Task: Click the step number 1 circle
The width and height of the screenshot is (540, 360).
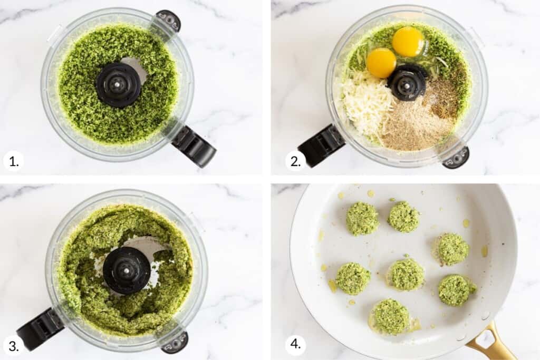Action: pyautogui.click(x=13, y=161)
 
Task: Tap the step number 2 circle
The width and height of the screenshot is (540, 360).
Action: pyautogui.click(x=295, y=161)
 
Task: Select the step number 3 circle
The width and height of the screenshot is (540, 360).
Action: pyautogui.click(x=13, y=346)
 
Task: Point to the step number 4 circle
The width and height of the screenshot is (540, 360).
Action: pyautogui.click(x=295, y=346)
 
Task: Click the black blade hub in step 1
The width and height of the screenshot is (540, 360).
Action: pyautogui.click(x=118, y=85)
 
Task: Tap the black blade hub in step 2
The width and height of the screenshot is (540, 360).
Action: pyautogui.click(x=407, y=83)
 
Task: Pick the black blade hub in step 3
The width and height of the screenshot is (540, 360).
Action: pyautogui.click(x=126, y=270)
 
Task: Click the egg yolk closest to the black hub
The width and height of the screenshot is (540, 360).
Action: pyautogui.click(x=381, y=63)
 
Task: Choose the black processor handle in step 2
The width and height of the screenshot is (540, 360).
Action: pyautogui.click(x=321, y=145)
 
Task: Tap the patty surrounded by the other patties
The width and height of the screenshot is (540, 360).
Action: pyautogui.click(x=405, y=274)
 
